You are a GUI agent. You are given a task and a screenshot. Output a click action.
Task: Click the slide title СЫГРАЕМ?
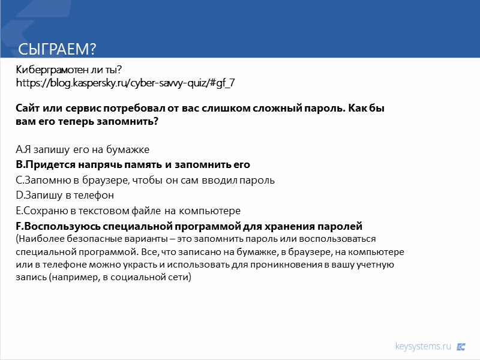(x=58, y=49)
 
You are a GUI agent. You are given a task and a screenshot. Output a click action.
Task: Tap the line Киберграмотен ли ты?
(x=68, y=71)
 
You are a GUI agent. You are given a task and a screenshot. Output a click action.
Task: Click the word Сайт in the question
(x=28, y=109)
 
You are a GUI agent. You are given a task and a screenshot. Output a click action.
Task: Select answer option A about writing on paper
(x=82, y=149)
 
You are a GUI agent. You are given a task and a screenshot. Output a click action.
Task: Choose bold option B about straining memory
(x=133, y=164)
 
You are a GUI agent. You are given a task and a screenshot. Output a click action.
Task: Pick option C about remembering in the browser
(x=145, y=180)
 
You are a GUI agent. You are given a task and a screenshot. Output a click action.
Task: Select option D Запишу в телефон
(x=65, y=196)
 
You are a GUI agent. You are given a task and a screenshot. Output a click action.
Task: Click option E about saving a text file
(x=128, y=211)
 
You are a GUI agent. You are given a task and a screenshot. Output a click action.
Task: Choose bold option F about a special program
(x=189, y=227)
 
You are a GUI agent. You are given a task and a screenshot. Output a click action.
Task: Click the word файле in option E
(x=161, y=211)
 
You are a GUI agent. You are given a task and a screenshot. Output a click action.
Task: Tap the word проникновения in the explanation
(x=296, y=265)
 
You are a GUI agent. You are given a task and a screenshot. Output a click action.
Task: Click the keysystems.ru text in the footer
(x=422, y=346)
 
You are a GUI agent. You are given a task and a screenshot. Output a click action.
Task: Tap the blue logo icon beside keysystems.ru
(x=461, y=346)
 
